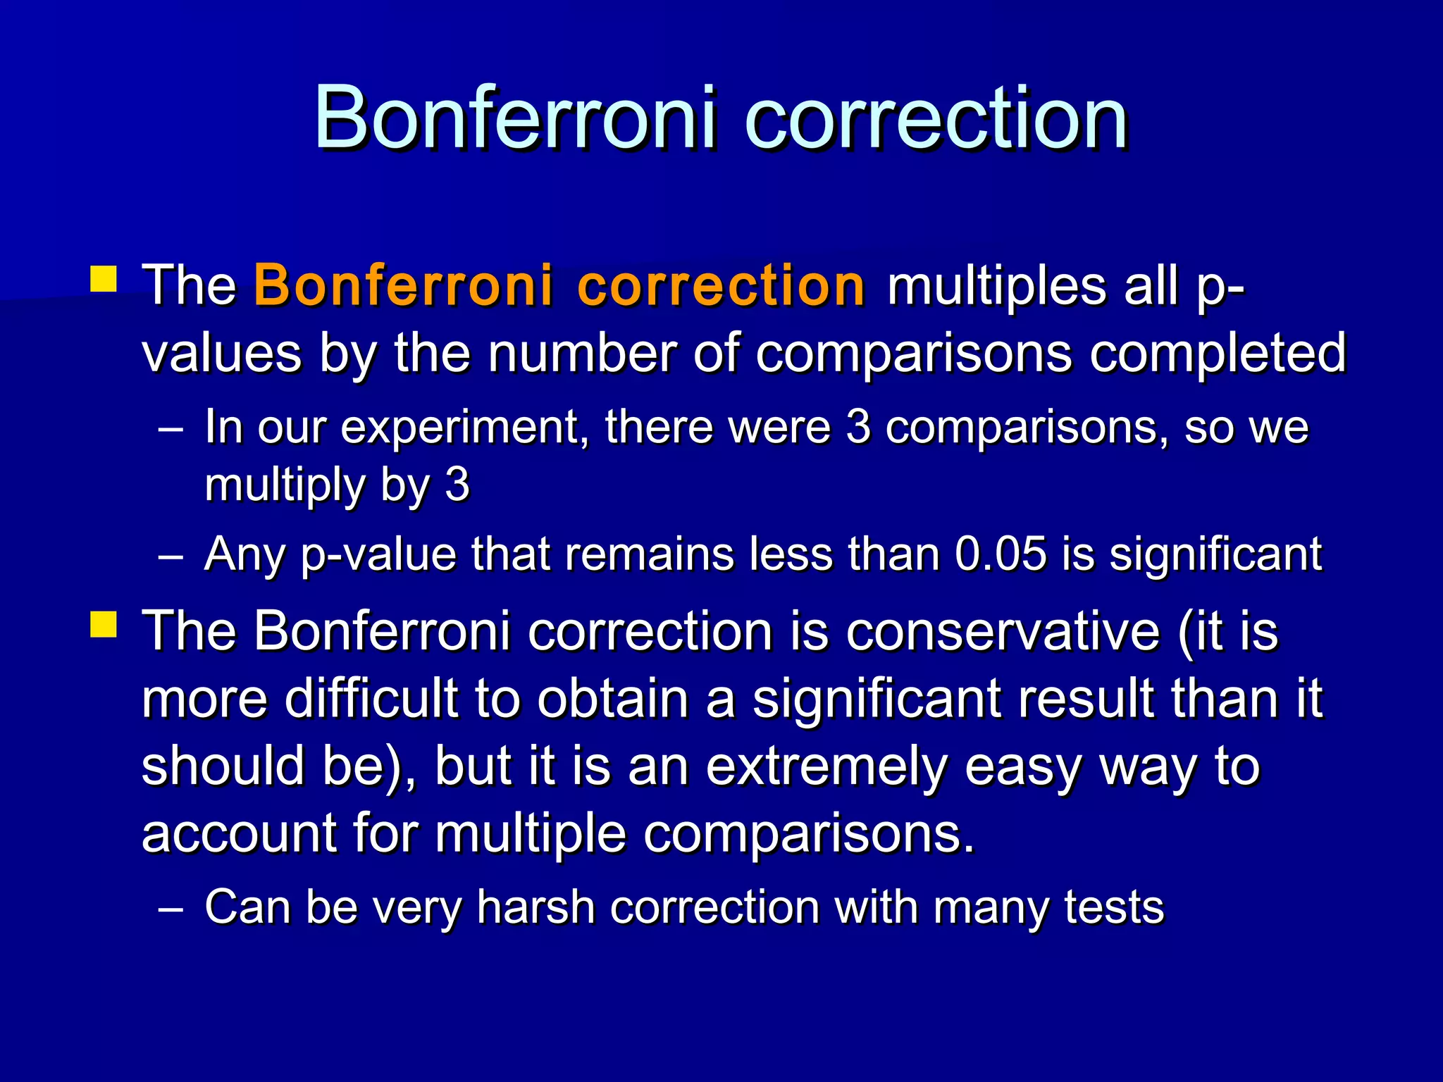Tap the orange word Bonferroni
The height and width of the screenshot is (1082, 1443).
tap(404, 285)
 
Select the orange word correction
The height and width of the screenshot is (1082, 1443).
tap(721, 285)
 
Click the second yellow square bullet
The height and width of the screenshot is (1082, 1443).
tap(104, 624)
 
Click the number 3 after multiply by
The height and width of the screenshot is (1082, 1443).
tap(457, 485)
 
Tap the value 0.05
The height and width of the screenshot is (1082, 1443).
tap(1001, 554)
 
